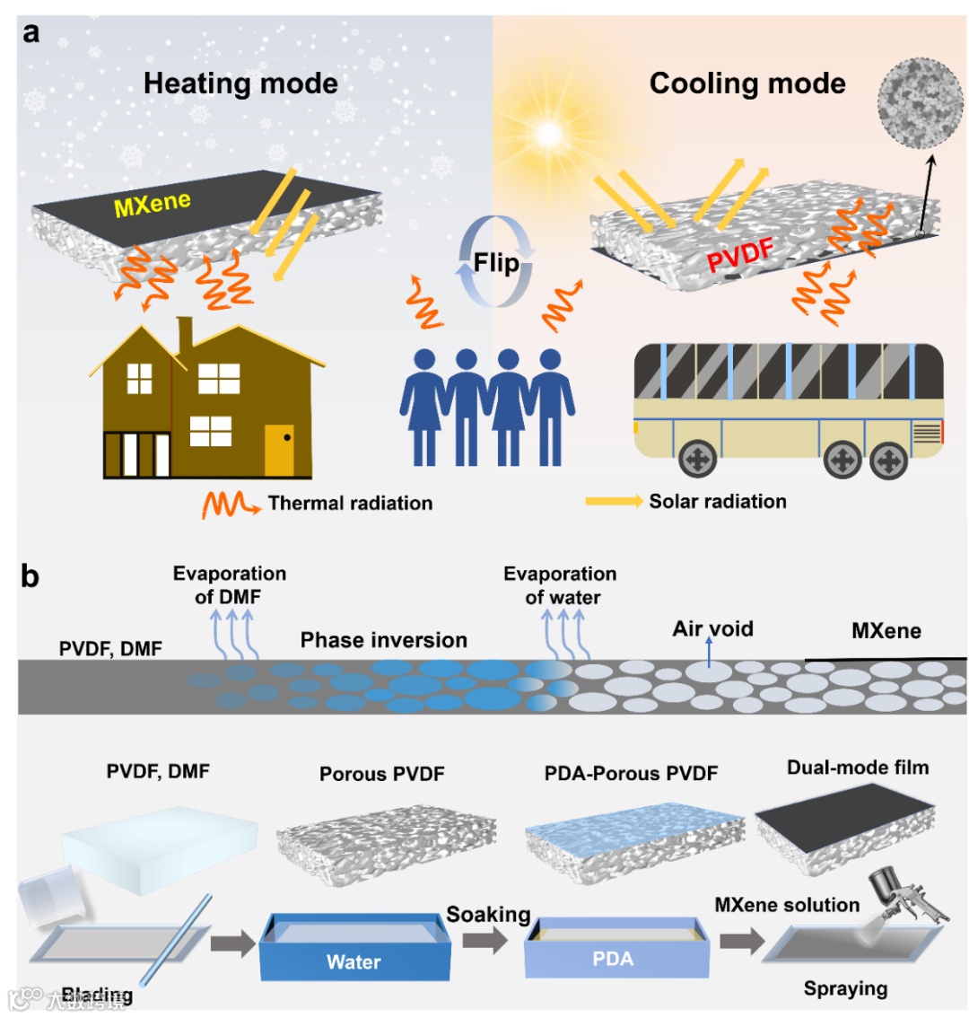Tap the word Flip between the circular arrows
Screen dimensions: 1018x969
click(x=496, y=263)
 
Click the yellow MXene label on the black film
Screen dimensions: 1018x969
click(x=153, y=205)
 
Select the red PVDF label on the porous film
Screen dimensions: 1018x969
click(x=740, y=257)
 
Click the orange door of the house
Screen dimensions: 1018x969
click(x=279, y=449)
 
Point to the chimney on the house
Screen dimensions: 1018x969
click(x=186, y=335)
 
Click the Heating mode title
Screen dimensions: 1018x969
click(x=240, y=83)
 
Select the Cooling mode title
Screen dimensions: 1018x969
click(x=747, y=83)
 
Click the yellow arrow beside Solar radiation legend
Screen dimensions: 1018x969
click(x=614, y=502)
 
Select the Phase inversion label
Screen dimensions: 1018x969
click(x=384, y=640)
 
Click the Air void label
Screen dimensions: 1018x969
click(x=712, y=628)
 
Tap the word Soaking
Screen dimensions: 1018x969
click(x=488, y=915)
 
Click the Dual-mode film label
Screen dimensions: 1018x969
click(x=858, y=768)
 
